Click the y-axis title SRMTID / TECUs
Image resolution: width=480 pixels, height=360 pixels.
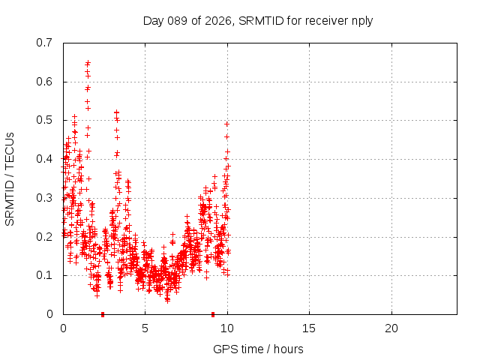coord(10,178)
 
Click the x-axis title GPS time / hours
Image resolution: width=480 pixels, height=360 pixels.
coord(258,349)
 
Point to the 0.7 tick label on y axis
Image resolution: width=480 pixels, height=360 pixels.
coord(45,43)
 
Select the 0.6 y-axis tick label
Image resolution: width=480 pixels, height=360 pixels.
coord(45,82)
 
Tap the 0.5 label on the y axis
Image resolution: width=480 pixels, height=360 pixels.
coord(45,120)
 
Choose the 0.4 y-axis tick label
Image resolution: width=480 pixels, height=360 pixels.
coord(45,159)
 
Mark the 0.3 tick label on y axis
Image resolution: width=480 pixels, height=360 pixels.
coord(45,198)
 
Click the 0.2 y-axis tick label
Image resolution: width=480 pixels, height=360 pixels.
coord(45,236)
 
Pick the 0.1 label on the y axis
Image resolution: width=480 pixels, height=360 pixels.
coord(45,275)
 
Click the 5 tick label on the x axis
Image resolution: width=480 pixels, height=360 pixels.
coord(145,328)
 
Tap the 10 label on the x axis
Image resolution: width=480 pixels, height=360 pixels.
coord(226,328)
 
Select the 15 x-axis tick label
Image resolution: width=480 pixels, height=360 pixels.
coord(308,328)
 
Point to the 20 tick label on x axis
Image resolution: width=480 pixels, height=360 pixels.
coord(391,328)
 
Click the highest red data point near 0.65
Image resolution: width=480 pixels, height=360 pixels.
coord(88,63)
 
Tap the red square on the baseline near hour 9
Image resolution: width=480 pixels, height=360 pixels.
coord(213,313)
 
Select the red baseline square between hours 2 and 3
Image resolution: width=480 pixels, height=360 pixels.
coord(103,313)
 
